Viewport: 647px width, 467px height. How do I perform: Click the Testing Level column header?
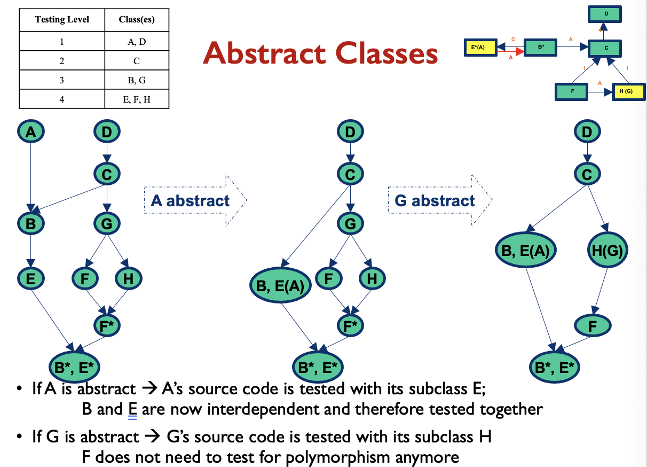[x=62, y=20]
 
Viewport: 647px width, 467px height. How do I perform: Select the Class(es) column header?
[x=137, y=20]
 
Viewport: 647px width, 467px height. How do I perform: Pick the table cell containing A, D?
[x=137, y=42]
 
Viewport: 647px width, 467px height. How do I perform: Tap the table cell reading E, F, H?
[x=137, y=98]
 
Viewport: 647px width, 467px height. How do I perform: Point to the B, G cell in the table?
[x=137, y=80]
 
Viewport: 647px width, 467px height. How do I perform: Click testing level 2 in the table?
[x=62, y=61]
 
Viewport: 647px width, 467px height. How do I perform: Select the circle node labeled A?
[x=31, y=131]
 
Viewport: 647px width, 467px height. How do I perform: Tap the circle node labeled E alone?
[x=31, y=278]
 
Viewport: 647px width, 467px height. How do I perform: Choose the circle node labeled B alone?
[x=31, y=223]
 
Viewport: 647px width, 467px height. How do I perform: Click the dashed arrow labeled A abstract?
[x=195, y=201]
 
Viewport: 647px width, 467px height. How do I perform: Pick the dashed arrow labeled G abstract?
[x=439, y=201]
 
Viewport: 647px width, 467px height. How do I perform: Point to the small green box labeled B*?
[x=540, y=47]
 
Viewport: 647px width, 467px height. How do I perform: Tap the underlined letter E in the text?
[x=133, y=410]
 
